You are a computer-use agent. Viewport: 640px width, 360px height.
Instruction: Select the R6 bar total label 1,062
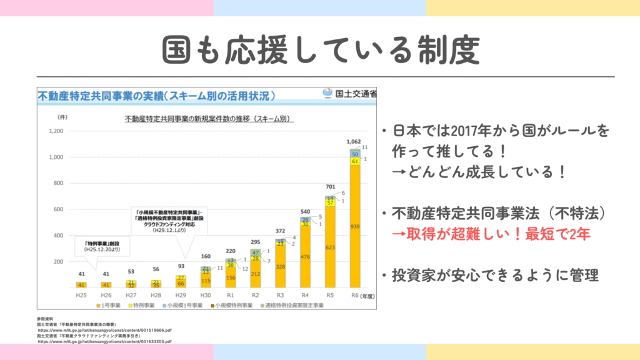355,142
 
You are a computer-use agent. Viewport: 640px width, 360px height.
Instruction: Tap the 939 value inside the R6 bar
355,226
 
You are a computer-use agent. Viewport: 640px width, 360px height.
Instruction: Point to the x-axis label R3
281,295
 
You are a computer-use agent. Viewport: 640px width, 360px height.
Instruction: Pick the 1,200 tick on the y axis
55,131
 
